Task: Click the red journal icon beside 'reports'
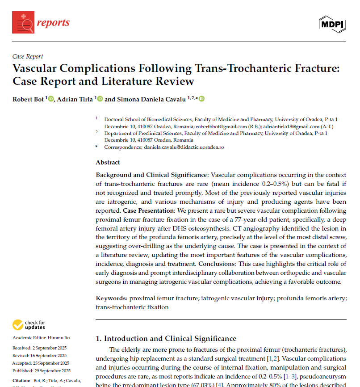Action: click(x=23, y=22)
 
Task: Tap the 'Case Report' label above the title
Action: click(x=28, y=56)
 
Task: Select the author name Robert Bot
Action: click(x=28, y=99)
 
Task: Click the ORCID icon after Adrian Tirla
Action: click(x=100, y=99)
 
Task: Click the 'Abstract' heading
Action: click(x=108, y=162)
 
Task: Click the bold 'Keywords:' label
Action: click(x=112, y=298)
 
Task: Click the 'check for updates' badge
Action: click(x=29, y=324)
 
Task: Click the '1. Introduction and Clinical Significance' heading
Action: click(x=166, y=338)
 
